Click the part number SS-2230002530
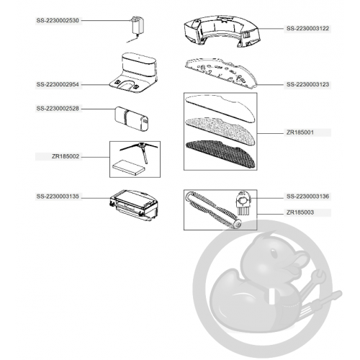[x=58, y=21]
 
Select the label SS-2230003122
[x=307, y=29]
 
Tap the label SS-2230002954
[x=58, y=84]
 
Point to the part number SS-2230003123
[x=307, y=84]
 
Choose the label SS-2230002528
[x=58, y=109]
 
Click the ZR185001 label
[x=300, y=132]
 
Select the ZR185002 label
[x=66, y=156]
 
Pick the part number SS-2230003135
[x=58, y=197]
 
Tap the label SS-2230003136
[x=307, y=197]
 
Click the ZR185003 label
[x=300, y=212]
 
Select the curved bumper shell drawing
[x=222, y=31]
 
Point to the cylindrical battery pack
[x=132, y=119]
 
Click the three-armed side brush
[x=140, y=151]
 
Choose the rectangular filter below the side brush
[x=128, y=168]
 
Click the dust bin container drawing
[x=134, y=205]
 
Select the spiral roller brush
[x=214, y=210]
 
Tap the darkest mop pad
[x=220, y=154]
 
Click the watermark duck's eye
[x=274, y=253]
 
